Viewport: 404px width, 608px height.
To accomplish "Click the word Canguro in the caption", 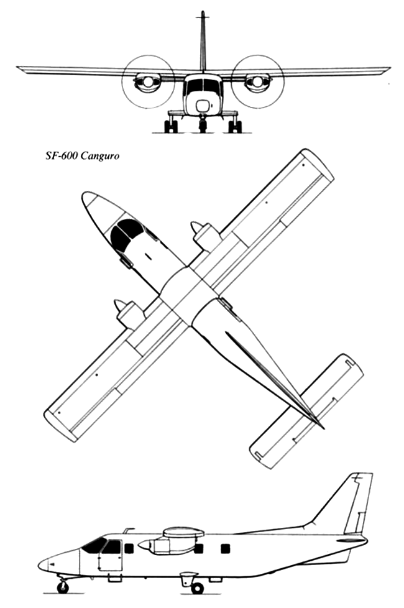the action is tap(100, 156).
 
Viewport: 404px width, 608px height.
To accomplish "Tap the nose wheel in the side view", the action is tap(63, 587).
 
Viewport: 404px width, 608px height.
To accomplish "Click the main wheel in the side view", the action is tap(198, 588).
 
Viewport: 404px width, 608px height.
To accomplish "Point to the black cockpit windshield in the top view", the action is tap(127, 233).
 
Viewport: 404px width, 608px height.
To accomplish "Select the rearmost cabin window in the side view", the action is tap(225, 548).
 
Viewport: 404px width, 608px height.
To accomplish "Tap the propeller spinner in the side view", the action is tap(144, 545).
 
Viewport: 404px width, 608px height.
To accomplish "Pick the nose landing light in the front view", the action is tap(202, 105).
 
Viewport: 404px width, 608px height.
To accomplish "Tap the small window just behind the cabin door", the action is tap(129, 548).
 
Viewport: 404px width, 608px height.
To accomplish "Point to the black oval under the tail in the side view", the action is tap(348, 540).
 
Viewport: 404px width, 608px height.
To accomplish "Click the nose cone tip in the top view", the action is tap(84, 195).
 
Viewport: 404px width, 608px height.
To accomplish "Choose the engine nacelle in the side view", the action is tap(170, 545).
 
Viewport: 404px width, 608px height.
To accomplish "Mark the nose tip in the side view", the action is tap(39, 564).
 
